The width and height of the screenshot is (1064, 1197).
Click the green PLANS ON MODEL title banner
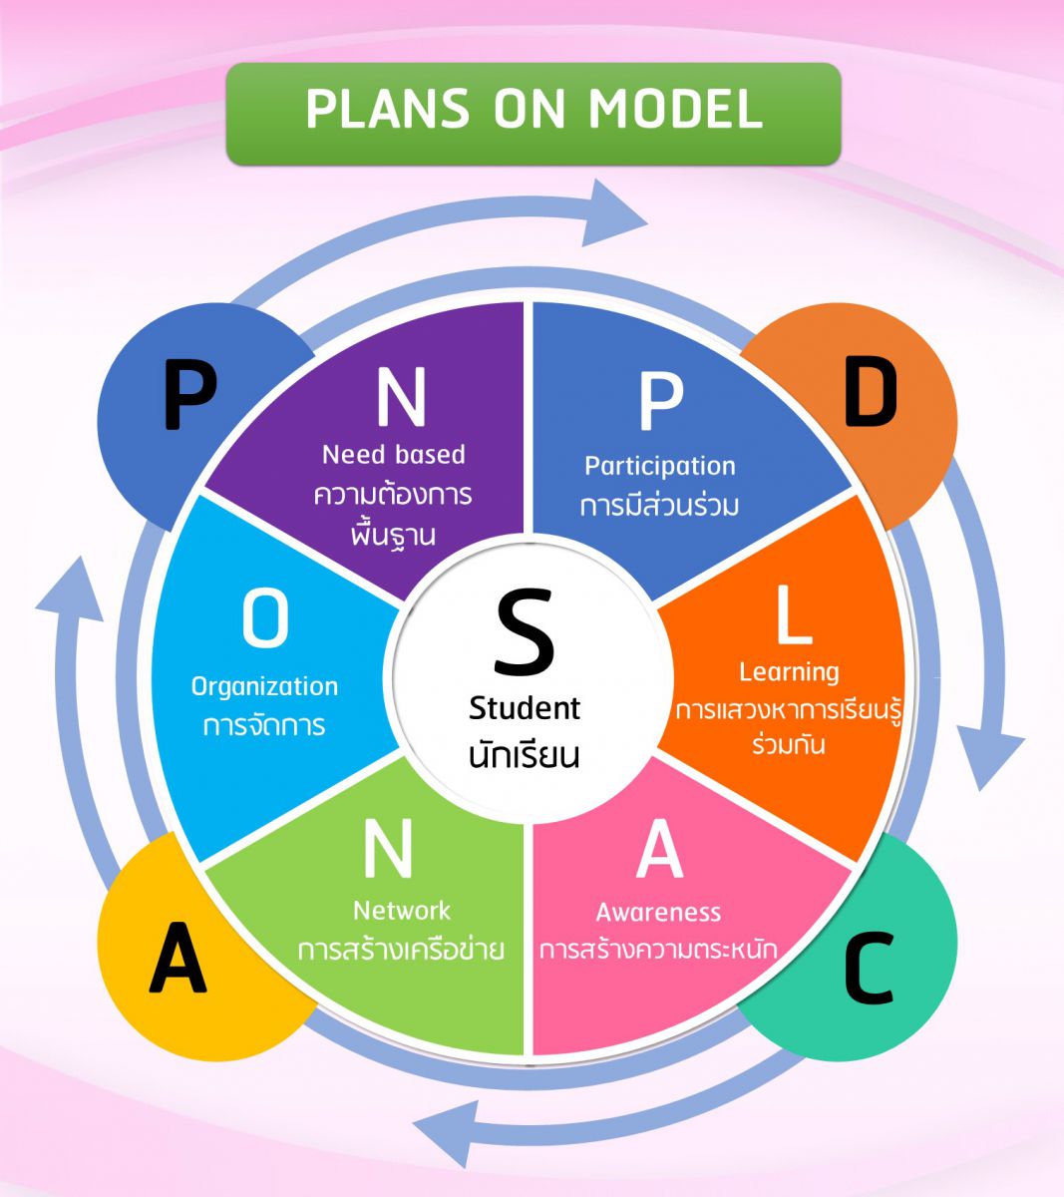click(533, 113)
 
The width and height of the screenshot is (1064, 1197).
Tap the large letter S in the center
click(524, 631)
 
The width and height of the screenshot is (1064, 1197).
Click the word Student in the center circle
click(525, 708)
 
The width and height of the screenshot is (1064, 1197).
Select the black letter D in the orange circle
click(870, 393)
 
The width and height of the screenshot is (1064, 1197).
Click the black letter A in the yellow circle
click(177, 959)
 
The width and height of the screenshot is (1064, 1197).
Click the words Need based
click(394, 455)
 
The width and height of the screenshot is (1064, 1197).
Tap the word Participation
click(660, 466)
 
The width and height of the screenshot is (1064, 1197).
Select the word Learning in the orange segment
click(789, 672)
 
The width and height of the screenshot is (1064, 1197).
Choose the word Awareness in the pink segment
click(658, 912)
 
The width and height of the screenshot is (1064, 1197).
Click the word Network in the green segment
click(402, 910)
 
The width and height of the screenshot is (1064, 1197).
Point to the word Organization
click(264, 686)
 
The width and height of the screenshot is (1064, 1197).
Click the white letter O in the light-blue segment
click(265, 618)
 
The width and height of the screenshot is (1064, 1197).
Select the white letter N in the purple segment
click(401, 396)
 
